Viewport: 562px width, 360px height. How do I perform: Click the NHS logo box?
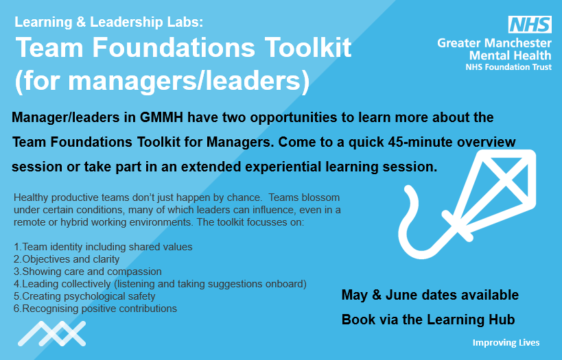tap(529, 25)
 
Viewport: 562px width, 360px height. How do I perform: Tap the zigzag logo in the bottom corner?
tap(51, 334)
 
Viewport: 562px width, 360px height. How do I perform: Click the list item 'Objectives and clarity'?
tap(67, 259)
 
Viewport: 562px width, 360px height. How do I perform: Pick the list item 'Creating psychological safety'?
tap(84, 296)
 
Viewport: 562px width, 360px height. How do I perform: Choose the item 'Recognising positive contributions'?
tap(95, 309)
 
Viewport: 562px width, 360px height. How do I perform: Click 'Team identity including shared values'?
tap(103, 247)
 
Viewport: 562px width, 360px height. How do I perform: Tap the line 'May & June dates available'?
tap(430, 296)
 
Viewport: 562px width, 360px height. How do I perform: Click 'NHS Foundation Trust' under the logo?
tap(508, 67)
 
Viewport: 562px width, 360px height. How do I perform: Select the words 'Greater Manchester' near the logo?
tap(494, 43)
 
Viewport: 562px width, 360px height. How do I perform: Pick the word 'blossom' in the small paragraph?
tap(321, 197)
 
